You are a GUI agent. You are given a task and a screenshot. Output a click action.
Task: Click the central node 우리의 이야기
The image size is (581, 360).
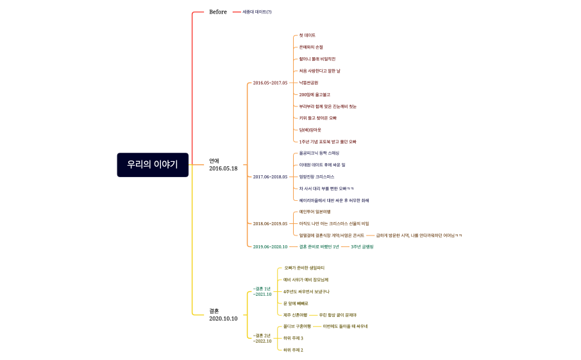pyautogui.click(x=153, y=164)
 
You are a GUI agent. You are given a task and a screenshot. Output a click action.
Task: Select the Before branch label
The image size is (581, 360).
pyautogui.click(x=218, y=12)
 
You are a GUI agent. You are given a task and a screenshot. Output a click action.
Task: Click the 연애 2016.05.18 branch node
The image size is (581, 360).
pyautogui.click(x=223, y=164)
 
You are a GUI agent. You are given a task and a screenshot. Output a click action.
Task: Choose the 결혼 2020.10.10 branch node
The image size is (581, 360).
pyautogui.click(x=223, y=314)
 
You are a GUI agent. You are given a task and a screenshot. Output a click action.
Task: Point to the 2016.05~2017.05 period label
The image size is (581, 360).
pyautogui.click(x=270, y=83)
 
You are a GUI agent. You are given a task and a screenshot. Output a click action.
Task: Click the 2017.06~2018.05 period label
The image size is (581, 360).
pyautogui.click(x=270, y=176)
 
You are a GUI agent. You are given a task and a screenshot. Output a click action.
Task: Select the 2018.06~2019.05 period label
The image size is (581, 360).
pyautogui.click(x=270, y=223)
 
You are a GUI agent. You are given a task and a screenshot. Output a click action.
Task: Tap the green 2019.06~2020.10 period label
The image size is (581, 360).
pyautogui.click(x=270, y=246)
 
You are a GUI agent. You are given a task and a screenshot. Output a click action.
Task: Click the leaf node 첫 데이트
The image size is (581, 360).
pyautogui.click(x=307, y=35)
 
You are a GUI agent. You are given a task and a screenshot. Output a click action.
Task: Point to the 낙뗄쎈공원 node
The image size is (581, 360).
pyautogui.click(x=308, y=83)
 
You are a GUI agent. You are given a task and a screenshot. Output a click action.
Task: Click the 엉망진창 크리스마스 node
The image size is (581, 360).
pyautogui.click(x=317, y=176)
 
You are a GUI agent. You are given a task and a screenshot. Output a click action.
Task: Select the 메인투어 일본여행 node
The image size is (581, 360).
pyautogui.click(x=315, y=212)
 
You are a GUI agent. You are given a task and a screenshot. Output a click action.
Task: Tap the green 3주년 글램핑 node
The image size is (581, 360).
pyautogui.click(x=362, y=246)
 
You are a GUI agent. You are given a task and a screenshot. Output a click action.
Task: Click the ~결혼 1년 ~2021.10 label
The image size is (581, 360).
pyautogui.click(x=262, y=291)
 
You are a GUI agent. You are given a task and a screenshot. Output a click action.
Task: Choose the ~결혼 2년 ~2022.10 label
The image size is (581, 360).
pyautogui.click(x=262, y=338)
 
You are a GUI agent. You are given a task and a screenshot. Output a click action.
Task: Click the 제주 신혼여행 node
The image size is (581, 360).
pyautogui.click(x=295, y=315)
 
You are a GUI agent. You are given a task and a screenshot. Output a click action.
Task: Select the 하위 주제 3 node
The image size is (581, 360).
pyautogui.click(x=293, y=338)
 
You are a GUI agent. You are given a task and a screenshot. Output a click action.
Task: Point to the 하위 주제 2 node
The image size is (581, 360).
pyautogui.click(x=293, y=350)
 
